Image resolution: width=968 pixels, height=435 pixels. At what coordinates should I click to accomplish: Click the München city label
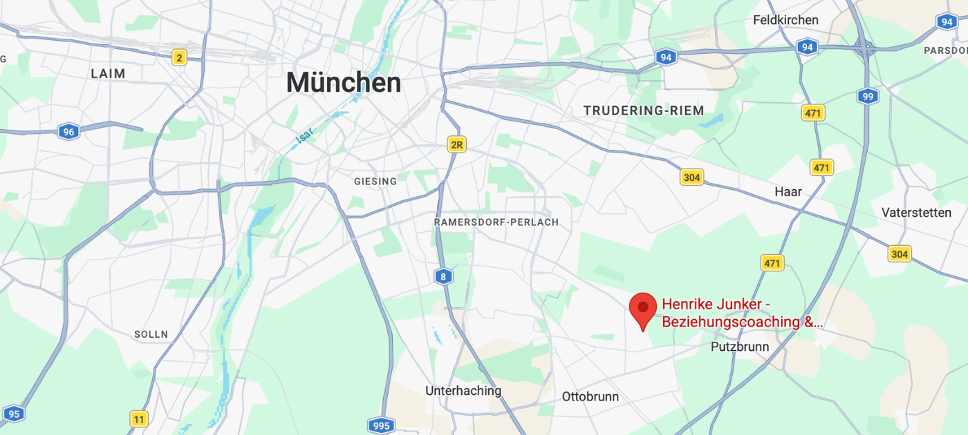coord(344,83)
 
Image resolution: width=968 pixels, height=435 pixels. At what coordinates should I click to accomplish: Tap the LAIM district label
coord(108,73)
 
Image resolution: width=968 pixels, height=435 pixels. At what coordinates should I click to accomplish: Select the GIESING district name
coord(375,182)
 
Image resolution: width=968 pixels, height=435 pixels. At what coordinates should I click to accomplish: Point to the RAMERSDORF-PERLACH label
coord(496,222)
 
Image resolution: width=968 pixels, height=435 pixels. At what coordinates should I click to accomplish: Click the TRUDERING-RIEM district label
coord(643,110)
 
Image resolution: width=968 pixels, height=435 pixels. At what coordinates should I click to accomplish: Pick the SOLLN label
coord(151,334)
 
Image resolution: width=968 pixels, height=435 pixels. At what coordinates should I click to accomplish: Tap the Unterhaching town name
coord(463,391)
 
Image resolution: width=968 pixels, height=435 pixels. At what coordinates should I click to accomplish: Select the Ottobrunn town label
coord(590,397)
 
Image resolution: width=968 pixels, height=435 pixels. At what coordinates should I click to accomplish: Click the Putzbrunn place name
coord(739,347)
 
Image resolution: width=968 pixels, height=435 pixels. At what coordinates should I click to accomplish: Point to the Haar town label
coord(788,191)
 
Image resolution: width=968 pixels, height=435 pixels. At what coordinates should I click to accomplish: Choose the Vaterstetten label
coord(916,213)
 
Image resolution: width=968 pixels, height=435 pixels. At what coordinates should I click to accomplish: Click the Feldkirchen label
coord(785,21)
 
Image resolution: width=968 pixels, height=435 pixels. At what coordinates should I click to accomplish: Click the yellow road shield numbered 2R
coord(456,144)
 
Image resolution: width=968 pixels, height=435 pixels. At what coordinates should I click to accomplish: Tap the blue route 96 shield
coord(68,132)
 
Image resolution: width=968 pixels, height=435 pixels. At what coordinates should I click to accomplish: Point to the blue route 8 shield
coord(443,277)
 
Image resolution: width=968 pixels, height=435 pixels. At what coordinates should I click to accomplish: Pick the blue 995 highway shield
coord(381,425)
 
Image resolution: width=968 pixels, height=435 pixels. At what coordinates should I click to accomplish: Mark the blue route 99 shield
coord(867,96)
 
